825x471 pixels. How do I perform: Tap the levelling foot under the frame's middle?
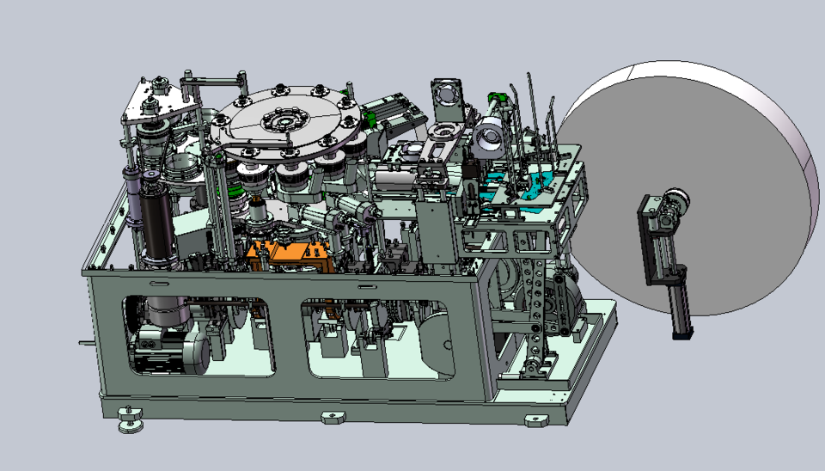point(333,418)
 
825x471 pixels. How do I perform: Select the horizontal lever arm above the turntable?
point(211,82)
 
